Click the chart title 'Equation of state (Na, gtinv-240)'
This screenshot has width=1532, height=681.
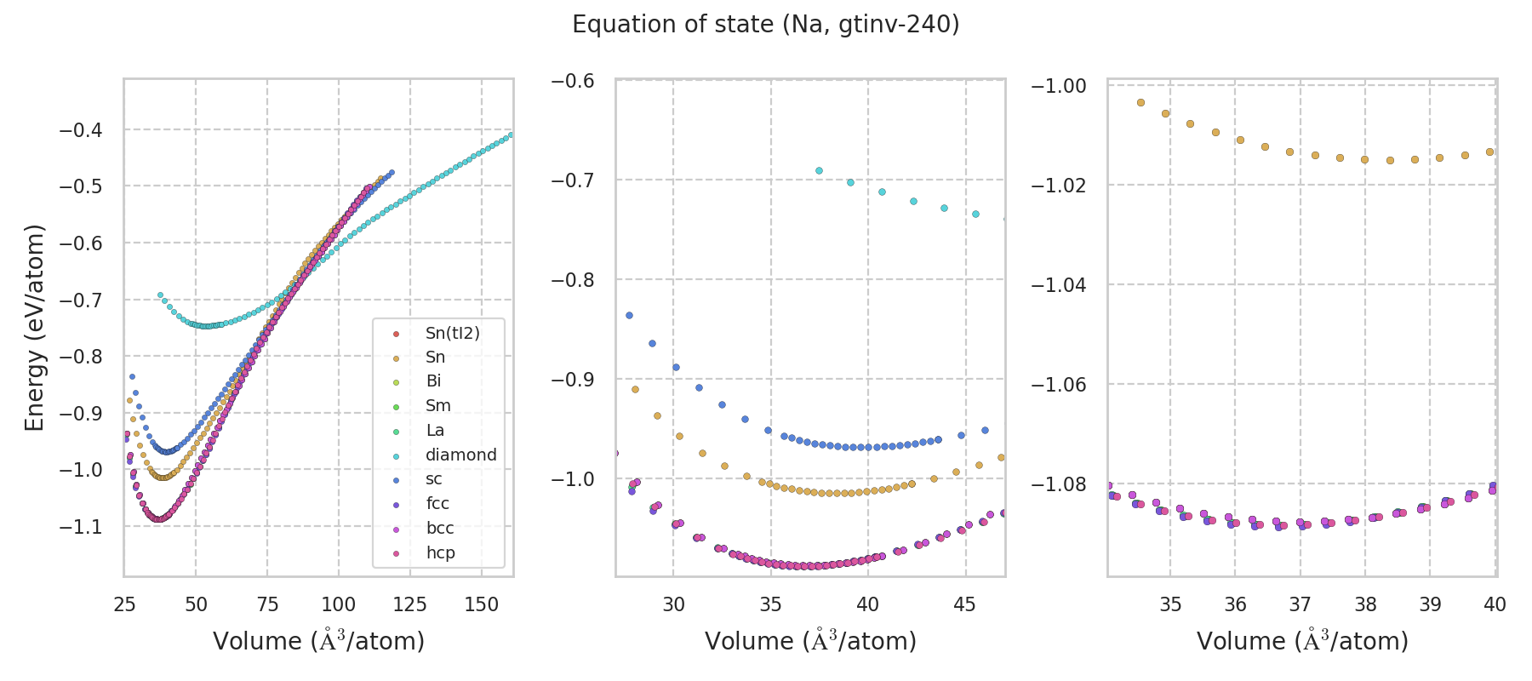pos(765,25)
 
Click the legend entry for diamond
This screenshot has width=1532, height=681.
pos(460,455)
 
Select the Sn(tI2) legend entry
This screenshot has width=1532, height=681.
pos(452,333)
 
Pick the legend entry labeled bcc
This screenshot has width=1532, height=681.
pos(439,528)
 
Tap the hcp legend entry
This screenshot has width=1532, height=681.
pos(440,552)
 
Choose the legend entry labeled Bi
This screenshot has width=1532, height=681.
pos(433,381)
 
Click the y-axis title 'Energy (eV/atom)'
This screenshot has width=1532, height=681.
pos(34,328)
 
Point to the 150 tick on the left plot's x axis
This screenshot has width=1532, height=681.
pos(482,604)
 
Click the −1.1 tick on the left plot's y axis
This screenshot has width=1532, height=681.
pos(81,527)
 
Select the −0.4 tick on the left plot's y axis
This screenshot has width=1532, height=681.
pos(81,130)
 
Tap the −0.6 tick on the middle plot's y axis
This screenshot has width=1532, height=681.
pos(573,81)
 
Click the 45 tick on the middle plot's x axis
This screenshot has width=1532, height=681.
pos(964,604)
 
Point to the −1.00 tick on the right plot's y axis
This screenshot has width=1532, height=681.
pos(1059,86)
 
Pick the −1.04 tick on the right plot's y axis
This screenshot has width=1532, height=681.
pos(1059,284)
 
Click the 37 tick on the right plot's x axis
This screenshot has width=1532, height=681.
pos(1300,604)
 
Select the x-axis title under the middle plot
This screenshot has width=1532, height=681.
pos(810,641)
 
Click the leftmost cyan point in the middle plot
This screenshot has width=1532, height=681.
pos(819,170)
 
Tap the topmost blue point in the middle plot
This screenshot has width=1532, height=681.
pos(629,315)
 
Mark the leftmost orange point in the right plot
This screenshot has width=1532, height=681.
pos(1140,102)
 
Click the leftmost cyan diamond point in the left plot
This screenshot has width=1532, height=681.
pos(160,295)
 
